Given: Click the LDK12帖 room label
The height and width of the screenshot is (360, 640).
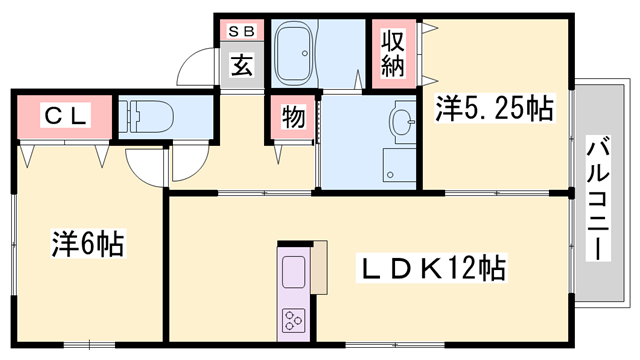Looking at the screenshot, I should click(x=433, y=268).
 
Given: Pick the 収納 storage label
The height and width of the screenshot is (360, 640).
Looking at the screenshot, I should click(x=391, y=55).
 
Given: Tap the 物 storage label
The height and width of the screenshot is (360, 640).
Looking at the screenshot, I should click(x=292, y=117).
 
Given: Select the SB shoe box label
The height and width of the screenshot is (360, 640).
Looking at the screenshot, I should click(x=242, y=31).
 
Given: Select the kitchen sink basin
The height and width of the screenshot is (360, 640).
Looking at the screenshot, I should click(x=295, y=270).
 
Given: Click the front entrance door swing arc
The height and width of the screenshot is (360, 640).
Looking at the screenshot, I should click(x=190, y=70).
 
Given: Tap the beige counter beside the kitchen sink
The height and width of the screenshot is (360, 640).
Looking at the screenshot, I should click(x=319, y=268).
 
